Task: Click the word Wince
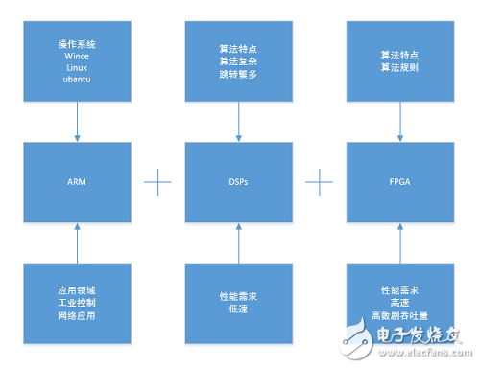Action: pos(76,57)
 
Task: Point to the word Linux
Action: pos(76,69)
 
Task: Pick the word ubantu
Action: pos(76,81)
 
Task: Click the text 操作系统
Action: pos(76,44)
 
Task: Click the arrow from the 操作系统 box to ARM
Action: pos(77,123)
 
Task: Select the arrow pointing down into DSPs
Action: pos(239,123)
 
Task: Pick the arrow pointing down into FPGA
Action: pos(396,123)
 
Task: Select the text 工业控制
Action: pos(76,302)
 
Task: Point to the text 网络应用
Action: pos(76,314)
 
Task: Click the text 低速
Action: pos(239,309)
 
